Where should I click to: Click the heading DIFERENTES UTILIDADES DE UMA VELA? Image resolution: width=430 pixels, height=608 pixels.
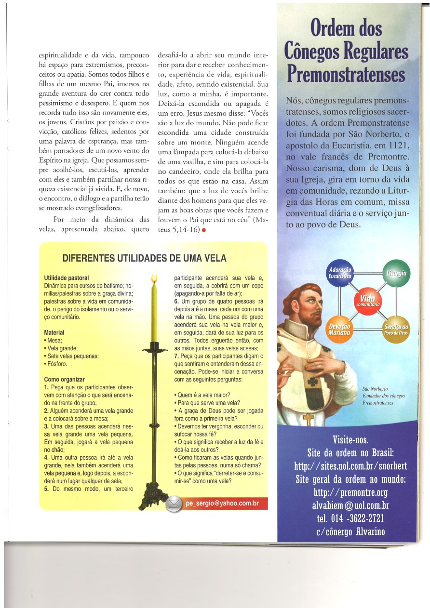click(144, 258)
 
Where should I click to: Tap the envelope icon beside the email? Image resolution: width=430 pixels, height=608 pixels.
click(174, 504)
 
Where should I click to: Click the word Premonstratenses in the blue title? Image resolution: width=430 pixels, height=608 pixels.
click(346, 75)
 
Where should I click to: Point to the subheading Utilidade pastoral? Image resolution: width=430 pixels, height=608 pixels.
click(67, 278)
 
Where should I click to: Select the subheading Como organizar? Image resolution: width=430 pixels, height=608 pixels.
click(65, 379)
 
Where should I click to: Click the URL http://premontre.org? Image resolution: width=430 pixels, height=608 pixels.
click(350, 492)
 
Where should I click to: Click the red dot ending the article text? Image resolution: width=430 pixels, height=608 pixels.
click(204, 230)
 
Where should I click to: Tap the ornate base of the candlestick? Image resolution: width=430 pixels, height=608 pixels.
click(153, 494)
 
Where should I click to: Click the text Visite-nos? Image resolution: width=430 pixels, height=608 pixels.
click(350, 440)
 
